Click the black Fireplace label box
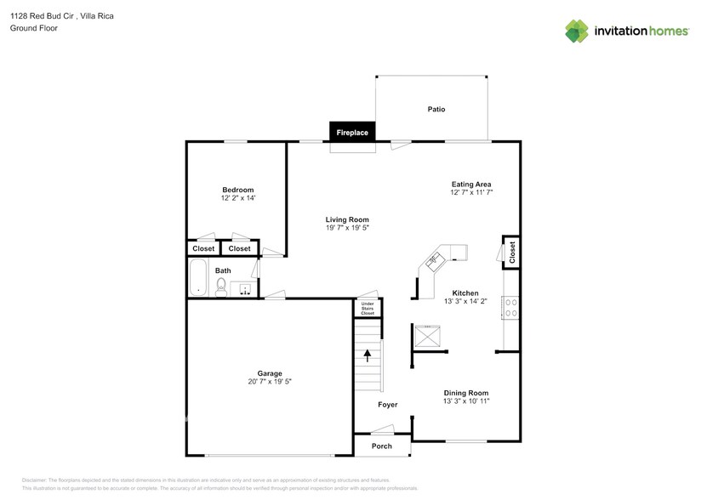pyautogui.click(x=352, y=133)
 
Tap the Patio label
pyautogui.click(x=436, y=110)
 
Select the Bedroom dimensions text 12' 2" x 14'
pyautogui.click(x=238, y=198)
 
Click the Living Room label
pyautogui.click(x=346, y=219)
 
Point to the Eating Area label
pyautogui.click(x=470, y=184)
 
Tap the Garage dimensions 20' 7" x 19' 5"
pyautogui.click(x=270, y=382)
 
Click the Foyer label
pyautogui.click(x=388, y=405)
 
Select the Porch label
pyautogui.click(x=382, y=446)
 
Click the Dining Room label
pyautogui.click(x=465, y=393)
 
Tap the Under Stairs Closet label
pyautogui.click(x=368, y=309)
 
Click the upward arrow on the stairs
pyautogui.click(x=368, y=355)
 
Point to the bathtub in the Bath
pyautogui.click(x=199, y=277)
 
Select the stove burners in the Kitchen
pyautogui.click(x=512, y=307)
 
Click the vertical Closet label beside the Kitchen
pyautogui.click(x=512, y=251)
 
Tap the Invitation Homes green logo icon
pyautogui.click(x=579, y=31)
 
